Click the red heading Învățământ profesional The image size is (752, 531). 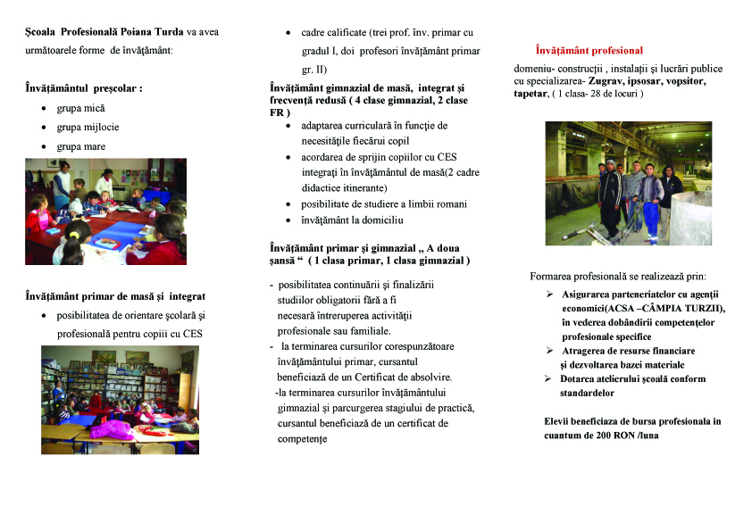pos(589,51)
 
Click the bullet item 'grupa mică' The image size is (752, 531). pos(80,108)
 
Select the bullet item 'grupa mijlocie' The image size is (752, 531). pos(87,127)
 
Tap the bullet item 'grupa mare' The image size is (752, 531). pos(80,146)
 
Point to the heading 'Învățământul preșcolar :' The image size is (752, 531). pos(83,88)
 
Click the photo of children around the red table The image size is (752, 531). pos(105,211)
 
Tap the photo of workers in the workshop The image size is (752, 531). pos(628,183)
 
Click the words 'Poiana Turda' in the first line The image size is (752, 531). pos(148,32)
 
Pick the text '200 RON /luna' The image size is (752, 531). pos(636,436)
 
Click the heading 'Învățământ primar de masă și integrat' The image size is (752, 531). pos(115,296)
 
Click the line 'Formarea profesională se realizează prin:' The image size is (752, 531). pos(617,276)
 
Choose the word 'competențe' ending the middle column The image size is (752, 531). pos(302,439)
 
